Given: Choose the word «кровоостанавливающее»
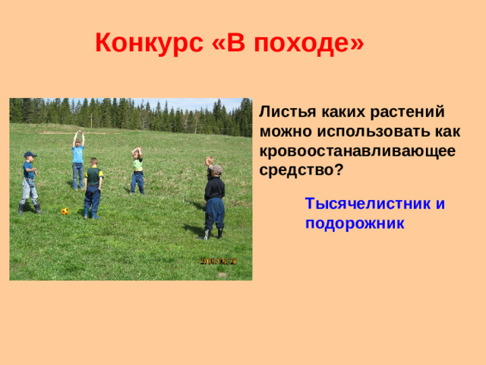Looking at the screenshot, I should [x=357, y=151].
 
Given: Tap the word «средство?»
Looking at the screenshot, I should [x=300, y=170].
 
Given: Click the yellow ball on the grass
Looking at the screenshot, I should [x=65, y=211].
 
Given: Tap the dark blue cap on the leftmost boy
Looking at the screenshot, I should [x=30, y=154].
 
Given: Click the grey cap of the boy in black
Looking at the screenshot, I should [x=217, y=169].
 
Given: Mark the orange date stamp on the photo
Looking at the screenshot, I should [x=219, y=261].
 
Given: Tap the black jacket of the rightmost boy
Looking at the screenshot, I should [x=214, y=188].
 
